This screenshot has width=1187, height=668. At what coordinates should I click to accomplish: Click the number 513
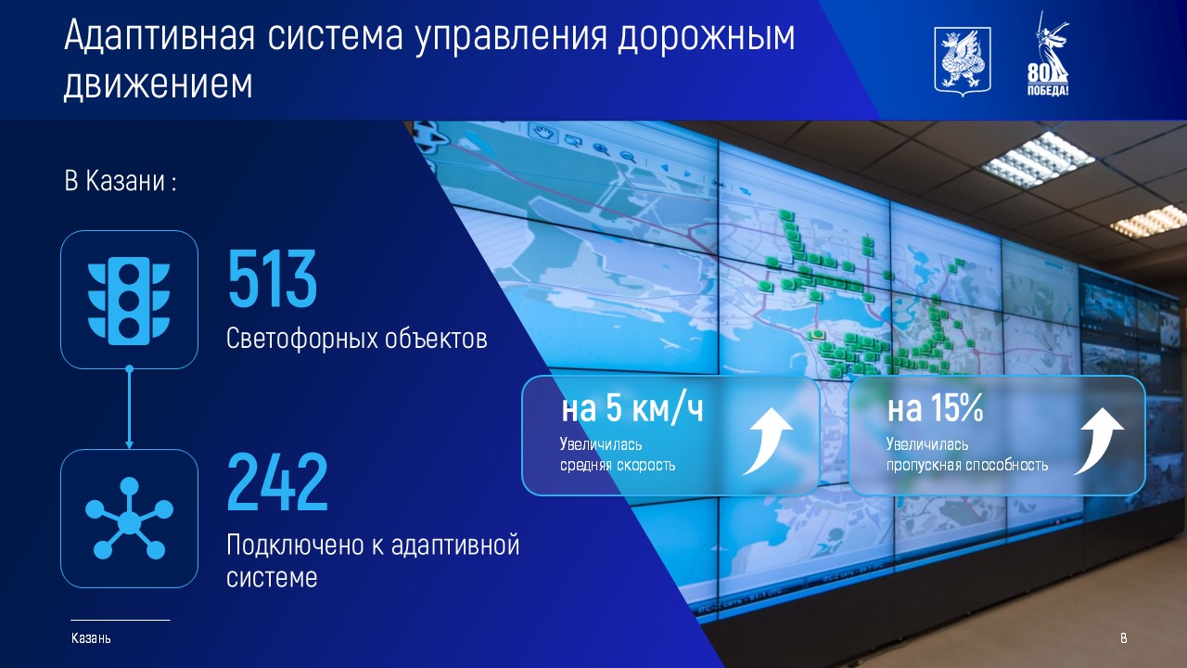273,278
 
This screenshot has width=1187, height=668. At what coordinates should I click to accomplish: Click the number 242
277,482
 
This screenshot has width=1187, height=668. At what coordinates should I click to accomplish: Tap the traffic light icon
129,301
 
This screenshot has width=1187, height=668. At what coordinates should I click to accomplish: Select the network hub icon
129,518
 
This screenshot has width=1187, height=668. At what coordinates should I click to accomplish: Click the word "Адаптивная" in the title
160,36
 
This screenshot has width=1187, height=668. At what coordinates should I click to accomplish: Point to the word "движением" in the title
158,83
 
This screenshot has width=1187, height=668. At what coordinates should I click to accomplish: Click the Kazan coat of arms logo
963,62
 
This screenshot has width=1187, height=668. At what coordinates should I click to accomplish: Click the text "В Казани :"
121,181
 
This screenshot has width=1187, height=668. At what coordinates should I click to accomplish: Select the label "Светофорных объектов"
357,339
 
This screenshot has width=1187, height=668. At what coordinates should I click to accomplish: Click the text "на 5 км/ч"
632,408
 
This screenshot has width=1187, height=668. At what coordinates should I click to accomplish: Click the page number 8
1123,637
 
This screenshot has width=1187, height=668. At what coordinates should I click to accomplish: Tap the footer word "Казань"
91,637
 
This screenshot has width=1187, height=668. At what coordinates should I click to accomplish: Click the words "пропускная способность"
967,466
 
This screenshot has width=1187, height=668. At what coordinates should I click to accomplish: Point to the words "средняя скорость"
618,466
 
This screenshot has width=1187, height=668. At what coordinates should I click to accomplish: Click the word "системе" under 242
272,578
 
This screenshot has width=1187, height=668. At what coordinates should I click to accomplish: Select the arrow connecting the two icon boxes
129,407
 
